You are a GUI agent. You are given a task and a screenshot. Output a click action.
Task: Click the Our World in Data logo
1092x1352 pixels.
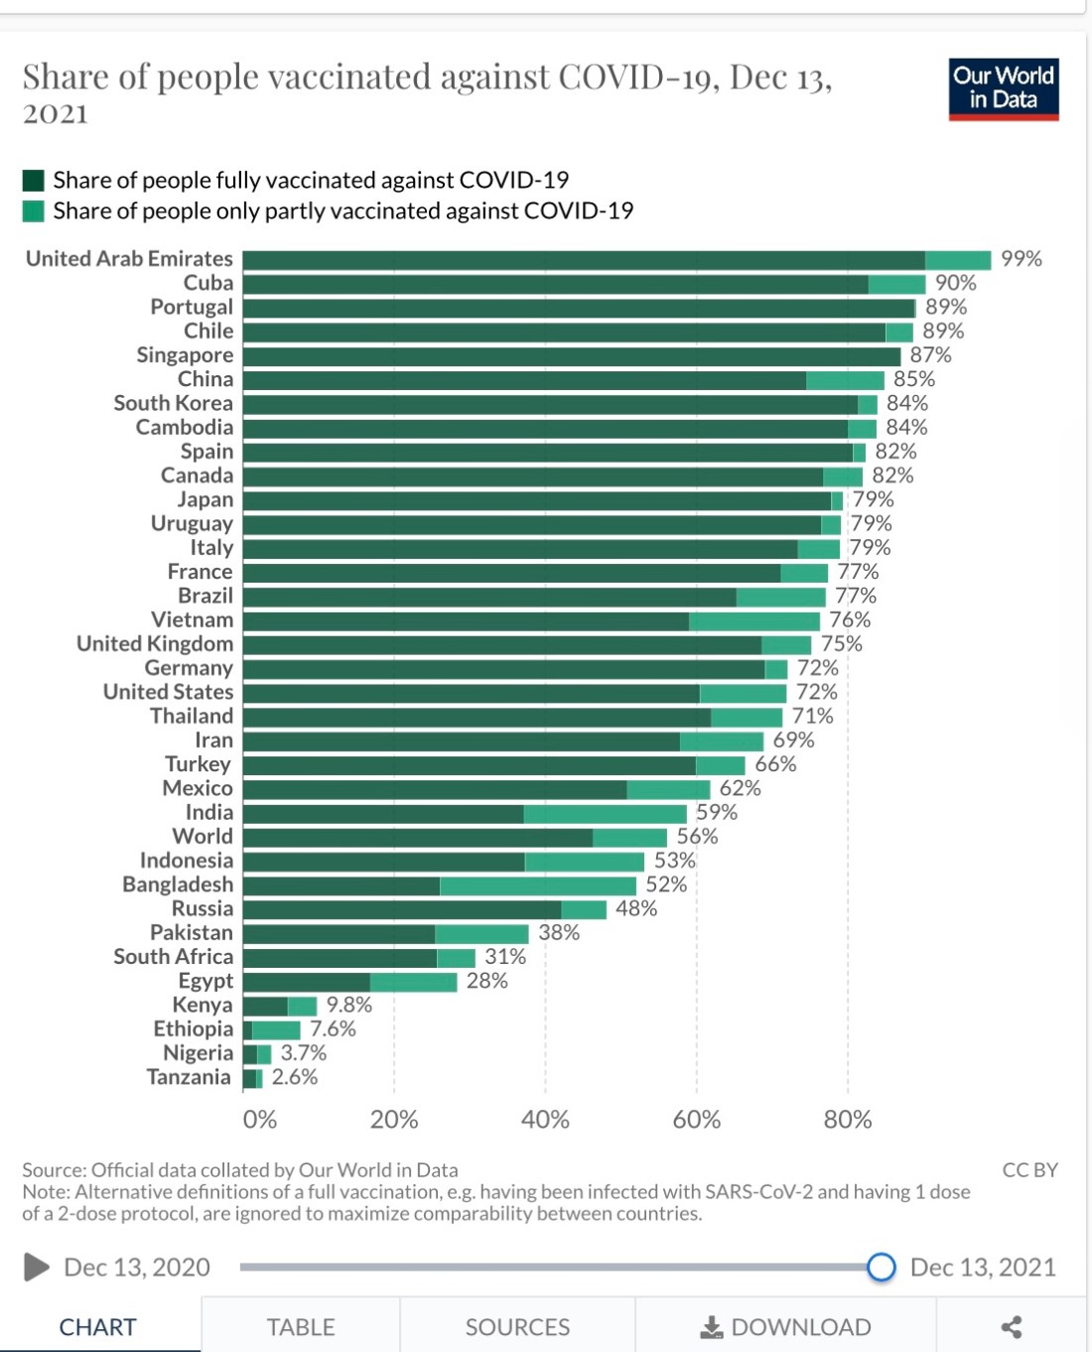(1003, 89)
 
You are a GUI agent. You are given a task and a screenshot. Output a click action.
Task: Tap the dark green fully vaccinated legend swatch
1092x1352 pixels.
(34, 181)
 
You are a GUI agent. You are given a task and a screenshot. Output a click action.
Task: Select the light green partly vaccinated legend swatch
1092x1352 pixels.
(34, 211)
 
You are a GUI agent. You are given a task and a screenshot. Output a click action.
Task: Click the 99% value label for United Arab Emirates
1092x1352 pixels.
(1021, 259)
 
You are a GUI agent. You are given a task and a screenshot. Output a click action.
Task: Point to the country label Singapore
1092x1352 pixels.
(185, 355)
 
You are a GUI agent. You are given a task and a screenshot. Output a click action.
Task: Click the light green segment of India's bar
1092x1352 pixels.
(605, 813)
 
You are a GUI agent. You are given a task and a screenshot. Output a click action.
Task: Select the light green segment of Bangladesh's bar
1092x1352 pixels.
(537, 885)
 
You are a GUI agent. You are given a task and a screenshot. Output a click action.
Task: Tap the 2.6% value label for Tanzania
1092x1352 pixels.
(294, 1078)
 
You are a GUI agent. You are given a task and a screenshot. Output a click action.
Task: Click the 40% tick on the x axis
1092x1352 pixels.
(545, 1120)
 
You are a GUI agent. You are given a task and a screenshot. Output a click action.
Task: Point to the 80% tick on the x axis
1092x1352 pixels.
(847, 1120)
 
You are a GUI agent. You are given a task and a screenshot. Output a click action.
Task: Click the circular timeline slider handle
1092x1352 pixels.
(881, 1267)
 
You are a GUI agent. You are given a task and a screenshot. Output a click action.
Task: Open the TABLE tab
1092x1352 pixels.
(300, 1327)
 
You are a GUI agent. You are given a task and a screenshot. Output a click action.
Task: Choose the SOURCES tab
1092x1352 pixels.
(517, 1327)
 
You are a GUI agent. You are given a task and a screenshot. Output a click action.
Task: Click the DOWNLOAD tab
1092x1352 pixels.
(785, 1327)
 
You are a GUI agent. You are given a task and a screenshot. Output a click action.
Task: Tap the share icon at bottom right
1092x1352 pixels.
(1011, 1327)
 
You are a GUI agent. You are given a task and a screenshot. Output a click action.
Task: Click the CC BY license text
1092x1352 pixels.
(1029, 1170)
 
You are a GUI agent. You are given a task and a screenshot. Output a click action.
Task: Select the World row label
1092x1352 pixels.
(203, 837)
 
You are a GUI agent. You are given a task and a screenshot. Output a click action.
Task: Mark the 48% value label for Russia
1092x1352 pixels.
(635, 909)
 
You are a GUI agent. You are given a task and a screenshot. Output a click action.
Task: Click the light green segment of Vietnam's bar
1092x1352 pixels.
(753, 620)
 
